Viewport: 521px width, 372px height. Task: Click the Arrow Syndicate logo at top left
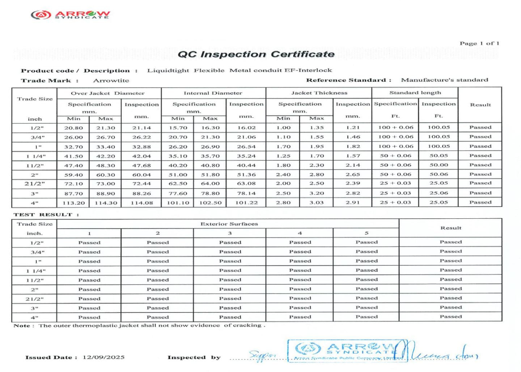(x=70, y=14)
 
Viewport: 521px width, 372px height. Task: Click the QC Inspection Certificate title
(x=256, y=54)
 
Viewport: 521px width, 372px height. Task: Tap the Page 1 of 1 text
(x=479, y=43)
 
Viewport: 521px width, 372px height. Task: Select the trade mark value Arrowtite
(x=111, y=81)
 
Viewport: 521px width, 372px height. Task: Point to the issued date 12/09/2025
(x=103, y=357)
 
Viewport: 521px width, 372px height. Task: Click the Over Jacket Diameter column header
(x=107, y=93)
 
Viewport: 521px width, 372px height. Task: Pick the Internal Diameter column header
(x=213, y=93)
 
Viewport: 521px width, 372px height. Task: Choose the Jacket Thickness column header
(x=319, y=93)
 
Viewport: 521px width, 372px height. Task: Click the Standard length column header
(x=415, y=93)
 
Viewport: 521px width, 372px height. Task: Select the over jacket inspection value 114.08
(x=142, y=203)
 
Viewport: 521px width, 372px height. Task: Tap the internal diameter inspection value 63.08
(x=246, y=184)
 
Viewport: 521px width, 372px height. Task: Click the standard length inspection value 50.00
(x=439, y=165)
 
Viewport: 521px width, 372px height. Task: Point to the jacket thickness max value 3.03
(x=317, y=202)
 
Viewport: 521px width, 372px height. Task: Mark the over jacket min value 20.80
(x=73, y=128)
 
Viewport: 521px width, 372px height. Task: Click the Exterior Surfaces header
(x=229, y=224)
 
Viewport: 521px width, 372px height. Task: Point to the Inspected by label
(x=194, y=357)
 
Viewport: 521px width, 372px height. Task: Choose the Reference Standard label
(x=348, y=80)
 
